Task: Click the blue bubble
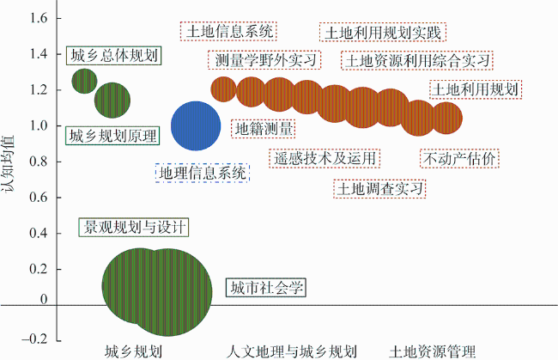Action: point(196,125)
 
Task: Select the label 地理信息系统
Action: point(203,173)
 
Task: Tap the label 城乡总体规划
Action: point(114,56)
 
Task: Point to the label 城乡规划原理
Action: point(112,136)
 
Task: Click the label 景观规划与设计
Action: point(133,227)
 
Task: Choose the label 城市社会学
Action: point(266,287)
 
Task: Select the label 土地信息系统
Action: point(228,31)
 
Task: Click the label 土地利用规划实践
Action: point(383,33)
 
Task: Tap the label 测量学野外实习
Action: point(264,60)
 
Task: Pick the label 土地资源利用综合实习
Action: point(417,60)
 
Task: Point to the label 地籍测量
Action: point(264,129)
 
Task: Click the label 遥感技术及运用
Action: point(324,158)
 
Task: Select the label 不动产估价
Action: point(459,158)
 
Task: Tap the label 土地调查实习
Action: point(379,189)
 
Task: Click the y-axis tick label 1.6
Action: point(39,18)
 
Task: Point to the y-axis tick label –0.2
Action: point(34,339)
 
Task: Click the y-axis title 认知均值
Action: point(8,164)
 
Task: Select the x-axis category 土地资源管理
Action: point(433,351)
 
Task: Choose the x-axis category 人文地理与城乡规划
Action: point(292,351)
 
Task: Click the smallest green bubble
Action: point(84,81)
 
